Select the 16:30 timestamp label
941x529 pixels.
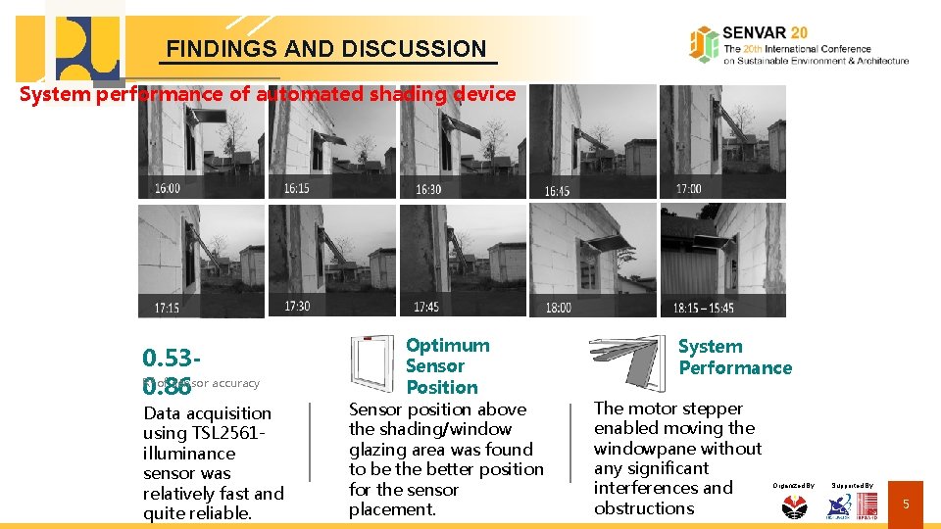click(x=428, y=188)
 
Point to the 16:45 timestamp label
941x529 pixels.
click(x=556, y=190)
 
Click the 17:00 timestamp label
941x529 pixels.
click(x=688, y=188)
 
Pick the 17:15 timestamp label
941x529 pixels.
click(x=167, y=308)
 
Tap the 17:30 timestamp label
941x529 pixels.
click(x=297, y=306)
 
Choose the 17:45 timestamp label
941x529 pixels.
click(x=426, y=307)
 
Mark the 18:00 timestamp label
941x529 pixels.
click(x=558, y=308)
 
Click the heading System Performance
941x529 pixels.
click(x=735, y=357)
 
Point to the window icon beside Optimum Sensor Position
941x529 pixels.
click(x=371, y=363)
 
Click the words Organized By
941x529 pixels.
click(x=793, y=485)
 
